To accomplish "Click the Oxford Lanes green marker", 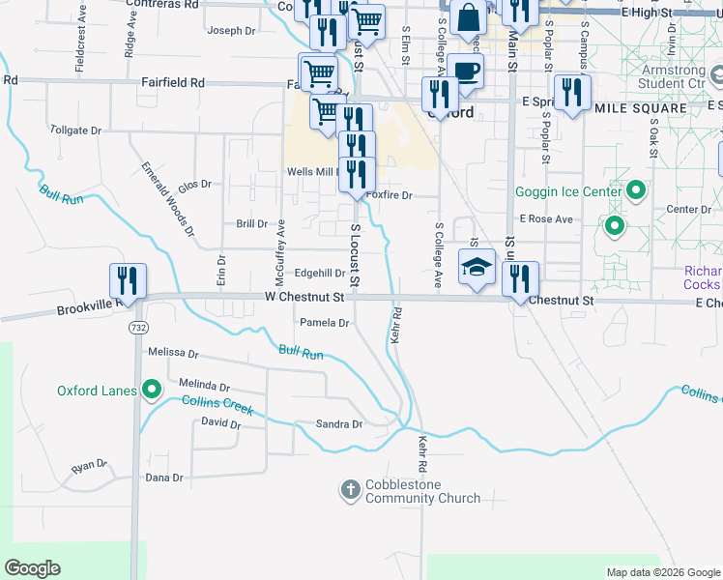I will click(x=151, y=391).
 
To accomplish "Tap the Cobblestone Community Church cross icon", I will click(x=351, y=491).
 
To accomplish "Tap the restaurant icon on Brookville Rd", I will click(x=129, y=280).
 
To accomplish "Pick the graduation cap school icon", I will click(x=476, y=267).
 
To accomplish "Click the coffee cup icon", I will click(x=466, y=71).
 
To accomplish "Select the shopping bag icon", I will click(x=468, y=17).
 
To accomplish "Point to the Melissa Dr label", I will click(x=174, y=354).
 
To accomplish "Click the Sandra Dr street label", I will click(x=338, y=424).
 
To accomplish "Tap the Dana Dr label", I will click(x=163, y=478).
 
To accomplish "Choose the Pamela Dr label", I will click(x=324, y=323).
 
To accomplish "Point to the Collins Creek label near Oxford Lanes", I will click(x=217, y=406).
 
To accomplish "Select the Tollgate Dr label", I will click(x=74, y=130).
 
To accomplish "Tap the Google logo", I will click(x=32, y=568).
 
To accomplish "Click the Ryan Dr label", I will click(x=87, y=466).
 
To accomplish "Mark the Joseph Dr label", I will click(x=231, y=31).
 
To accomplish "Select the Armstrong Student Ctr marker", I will click(x=716, y=73).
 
